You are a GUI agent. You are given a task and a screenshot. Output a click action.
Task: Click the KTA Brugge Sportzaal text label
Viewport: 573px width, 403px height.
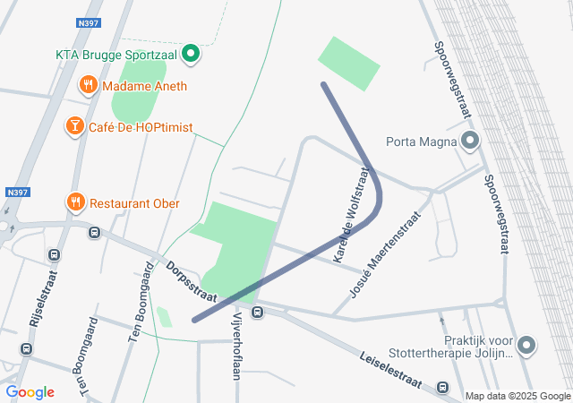(x=116, y=55)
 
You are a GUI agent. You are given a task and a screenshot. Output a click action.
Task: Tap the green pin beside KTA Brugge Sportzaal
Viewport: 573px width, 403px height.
(x=190, y=55)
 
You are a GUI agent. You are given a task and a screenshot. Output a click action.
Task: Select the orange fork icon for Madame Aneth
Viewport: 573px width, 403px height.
(x=88, y=86)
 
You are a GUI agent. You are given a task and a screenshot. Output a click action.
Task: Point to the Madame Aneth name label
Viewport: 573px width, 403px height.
(x=144, y=87)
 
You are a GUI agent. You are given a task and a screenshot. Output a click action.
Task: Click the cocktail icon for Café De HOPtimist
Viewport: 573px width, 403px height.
(x=75, y=127)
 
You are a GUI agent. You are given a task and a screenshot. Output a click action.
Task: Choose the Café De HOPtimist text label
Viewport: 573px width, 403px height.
(x=141, y=127)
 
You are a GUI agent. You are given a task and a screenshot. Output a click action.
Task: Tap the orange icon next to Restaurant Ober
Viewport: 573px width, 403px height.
(x=75, y=203)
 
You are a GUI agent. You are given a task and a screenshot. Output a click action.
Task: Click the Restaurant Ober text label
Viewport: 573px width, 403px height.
(x=135, y=203)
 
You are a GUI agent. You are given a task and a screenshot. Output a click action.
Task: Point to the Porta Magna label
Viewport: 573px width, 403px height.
(x=421, y=141)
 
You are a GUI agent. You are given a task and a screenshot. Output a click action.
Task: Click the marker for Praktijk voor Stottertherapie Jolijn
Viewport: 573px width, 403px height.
(x=526, y=345)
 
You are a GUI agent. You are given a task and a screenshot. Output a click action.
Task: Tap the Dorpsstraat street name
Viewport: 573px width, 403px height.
(x=192, y=281)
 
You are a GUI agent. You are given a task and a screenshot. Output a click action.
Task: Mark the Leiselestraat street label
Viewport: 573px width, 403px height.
(x=390, y=368)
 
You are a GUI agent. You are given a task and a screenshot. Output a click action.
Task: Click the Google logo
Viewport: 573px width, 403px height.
(x=30, y=392)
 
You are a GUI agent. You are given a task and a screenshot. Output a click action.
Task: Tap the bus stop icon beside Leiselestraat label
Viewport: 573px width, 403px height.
(x=442, y=387)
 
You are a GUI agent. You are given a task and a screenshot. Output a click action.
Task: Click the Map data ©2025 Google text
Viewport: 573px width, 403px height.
(x=517, y=396)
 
